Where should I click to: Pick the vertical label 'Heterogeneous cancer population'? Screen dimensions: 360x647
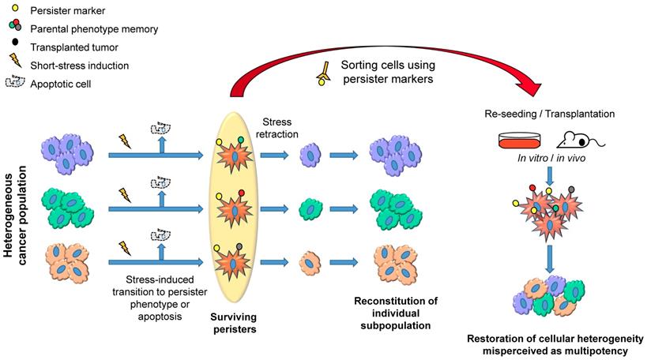(x=18, y=215)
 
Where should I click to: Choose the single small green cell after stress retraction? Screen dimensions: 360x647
(x=307, y=209)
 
